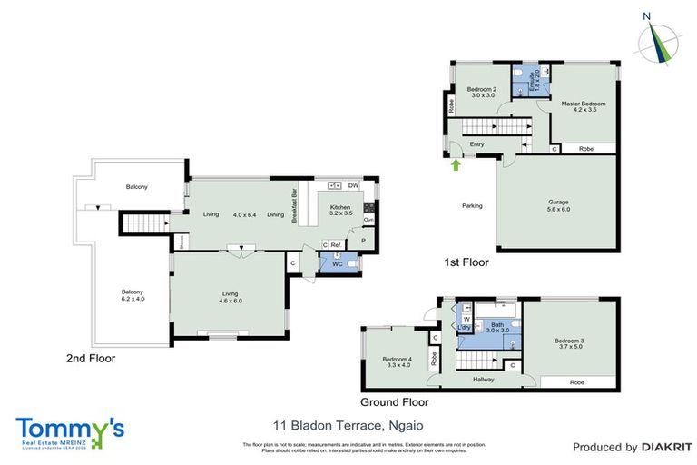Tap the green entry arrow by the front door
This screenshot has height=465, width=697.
[x=456, y=164]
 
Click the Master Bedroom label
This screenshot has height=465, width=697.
[x=583, y=107]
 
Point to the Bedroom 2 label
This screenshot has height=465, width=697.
[x=481, y=93]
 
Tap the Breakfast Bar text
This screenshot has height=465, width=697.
[x=293, y=205]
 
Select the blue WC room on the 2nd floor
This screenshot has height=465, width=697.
[x=338, y=263]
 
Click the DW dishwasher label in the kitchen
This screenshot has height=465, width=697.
[x=353, y=186]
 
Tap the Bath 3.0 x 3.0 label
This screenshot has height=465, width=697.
[x=496, y=328]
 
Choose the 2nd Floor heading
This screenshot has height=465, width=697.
[x=91, y=358]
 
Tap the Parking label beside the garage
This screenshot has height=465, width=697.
[x=472, y=205]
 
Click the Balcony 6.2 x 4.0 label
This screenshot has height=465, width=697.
[x=133, y=296]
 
